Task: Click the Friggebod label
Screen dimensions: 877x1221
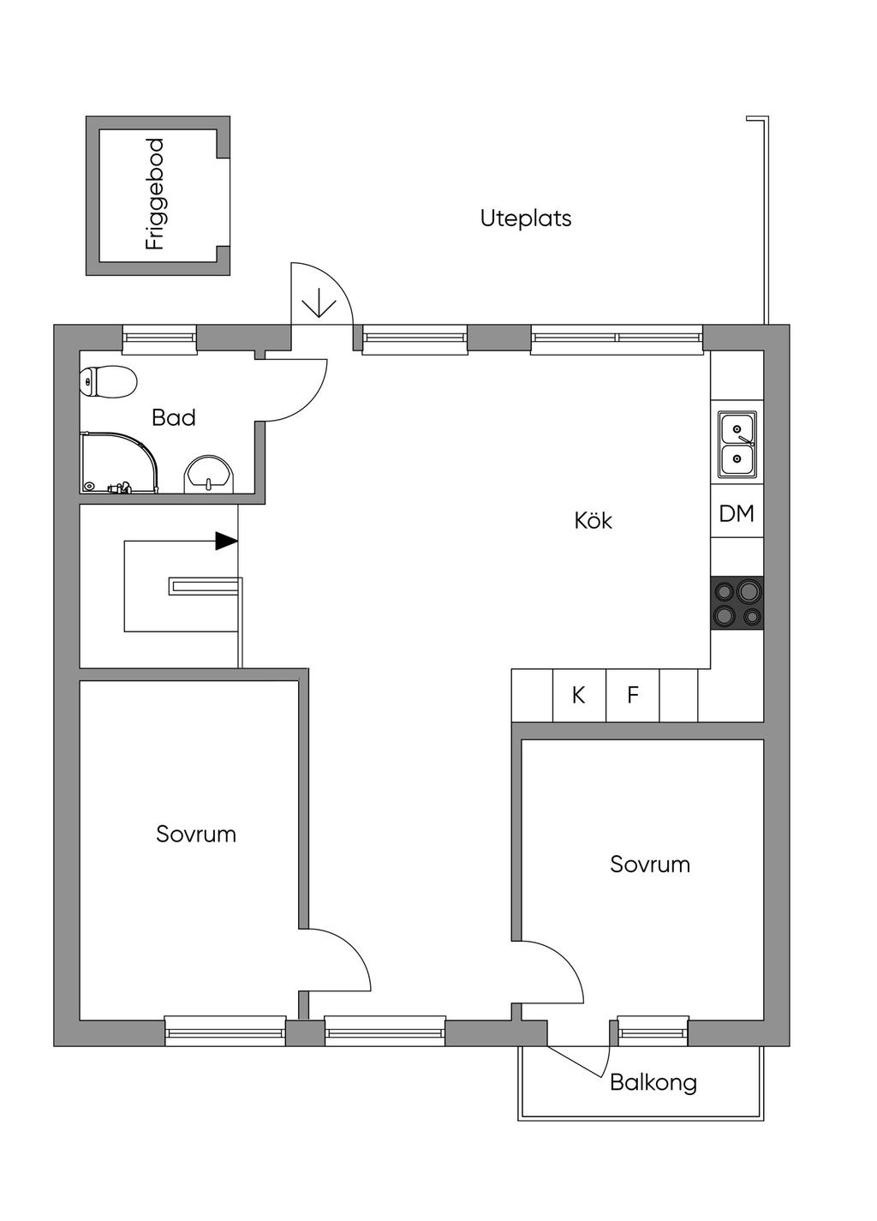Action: [x=155, y=195]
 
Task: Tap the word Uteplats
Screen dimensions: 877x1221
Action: [x=526, y=218]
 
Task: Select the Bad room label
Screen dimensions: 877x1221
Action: [x=173, y=417]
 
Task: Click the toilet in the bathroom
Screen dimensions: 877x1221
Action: [x=107, y=381]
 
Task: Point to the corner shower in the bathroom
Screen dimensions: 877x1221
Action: [x=119, y=463]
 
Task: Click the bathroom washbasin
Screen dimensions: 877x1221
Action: [x=209, y=473]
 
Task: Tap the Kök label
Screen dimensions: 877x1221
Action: [x=594, y=520]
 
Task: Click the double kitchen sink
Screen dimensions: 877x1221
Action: [x=737, y=445]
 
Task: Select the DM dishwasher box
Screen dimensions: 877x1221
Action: [x=737, y=513]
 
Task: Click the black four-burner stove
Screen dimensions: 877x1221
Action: [x=737, y=603]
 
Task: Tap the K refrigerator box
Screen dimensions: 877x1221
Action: [x=579, y=696]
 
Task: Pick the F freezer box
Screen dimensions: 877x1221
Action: [x=632, y=696]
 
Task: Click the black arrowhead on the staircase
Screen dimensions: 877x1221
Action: [x=227, y=542]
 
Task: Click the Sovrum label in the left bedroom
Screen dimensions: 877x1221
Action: [x=196, y=835]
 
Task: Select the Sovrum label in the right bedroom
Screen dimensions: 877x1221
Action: [x=650, y=865]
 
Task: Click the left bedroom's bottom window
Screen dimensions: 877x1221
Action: [x=225, y=1031]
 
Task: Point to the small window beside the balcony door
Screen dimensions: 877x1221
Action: [x=653, y=1031]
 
